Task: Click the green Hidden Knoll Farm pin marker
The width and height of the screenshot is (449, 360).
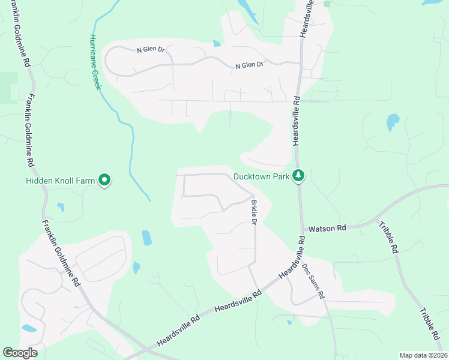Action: pyautogui.click(x=104, y=179)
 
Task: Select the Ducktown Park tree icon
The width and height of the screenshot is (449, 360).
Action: pyautogui.click(x=298, y=176)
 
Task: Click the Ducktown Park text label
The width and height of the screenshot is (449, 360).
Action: pyautogui.click(x=262, y=176)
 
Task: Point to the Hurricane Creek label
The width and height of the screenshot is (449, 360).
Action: pyautogui.click(x=95, y=61)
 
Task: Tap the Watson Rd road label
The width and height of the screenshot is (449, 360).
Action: pyautogui.click(x=327, y=229)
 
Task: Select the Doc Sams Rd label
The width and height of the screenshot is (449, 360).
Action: pyautogui.click(x=313, y=281)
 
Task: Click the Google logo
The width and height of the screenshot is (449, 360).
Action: pyautogui.click(x=20, y=353)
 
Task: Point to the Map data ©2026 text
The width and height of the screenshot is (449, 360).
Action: pyautogui.click(x=423, y=355)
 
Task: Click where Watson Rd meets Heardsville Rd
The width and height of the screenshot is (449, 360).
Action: pyautogui.click(x=301, y=229)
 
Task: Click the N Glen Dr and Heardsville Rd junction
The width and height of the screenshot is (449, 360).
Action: pyautogui.click(x=300, y=62)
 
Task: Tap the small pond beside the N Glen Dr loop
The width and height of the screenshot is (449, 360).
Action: pyautogui.click(x=217, y=43)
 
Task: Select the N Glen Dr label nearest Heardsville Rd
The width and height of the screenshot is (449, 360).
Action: pyautogui.click(x=250, y=65)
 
